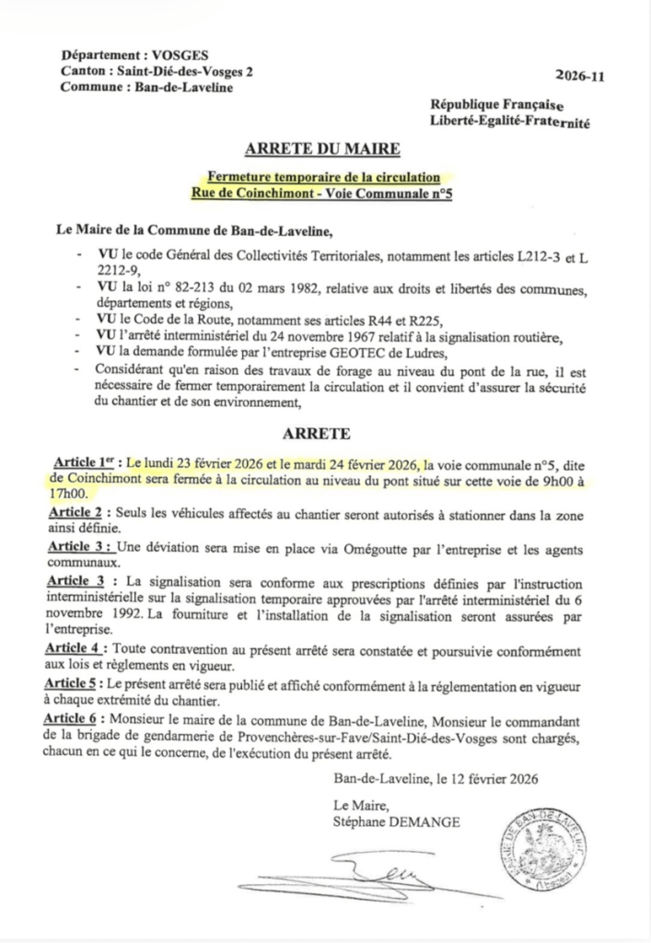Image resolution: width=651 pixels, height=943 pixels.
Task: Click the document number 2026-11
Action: pyautogui.click(x=582, y=79)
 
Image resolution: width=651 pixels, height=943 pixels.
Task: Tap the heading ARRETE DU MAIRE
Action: pyautogui.click(x=323, y=148)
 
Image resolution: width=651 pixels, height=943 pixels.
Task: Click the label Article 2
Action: pyautogui.click(x=80, y=512)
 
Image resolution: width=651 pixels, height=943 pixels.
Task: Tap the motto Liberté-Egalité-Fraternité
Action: pyautogui.click(x=509, y=122)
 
